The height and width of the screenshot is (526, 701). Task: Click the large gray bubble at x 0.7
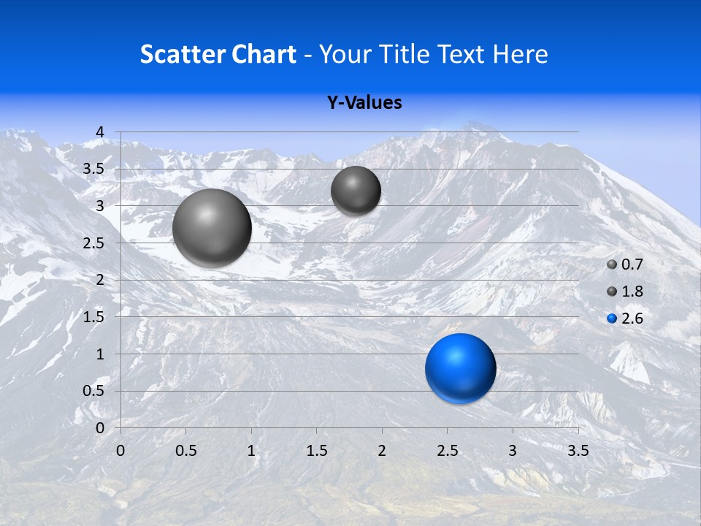[212, 227]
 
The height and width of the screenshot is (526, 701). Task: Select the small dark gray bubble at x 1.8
[356, 191]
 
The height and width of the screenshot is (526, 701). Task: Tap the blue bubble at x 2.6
[460, 368]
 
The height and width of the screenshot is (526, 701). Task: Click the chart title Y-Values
[364, 103]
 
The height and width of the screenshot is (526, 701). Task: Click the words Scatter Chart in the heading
[218, 54]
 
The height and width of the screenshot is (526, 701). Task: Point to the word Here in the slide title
[520, 54]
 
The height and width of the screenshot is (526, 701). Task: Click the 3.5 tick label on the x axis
[578, 450]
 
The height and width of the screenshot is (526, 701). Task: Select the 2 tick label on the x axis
[382, 450]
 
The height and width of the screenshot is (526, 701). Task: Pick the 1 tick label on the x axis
[251, 450]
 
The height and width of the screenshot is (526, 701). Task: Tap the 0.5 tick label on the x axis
[185, 450]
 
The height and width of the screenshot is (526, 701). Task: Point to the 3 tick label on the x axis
[512, 450]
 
